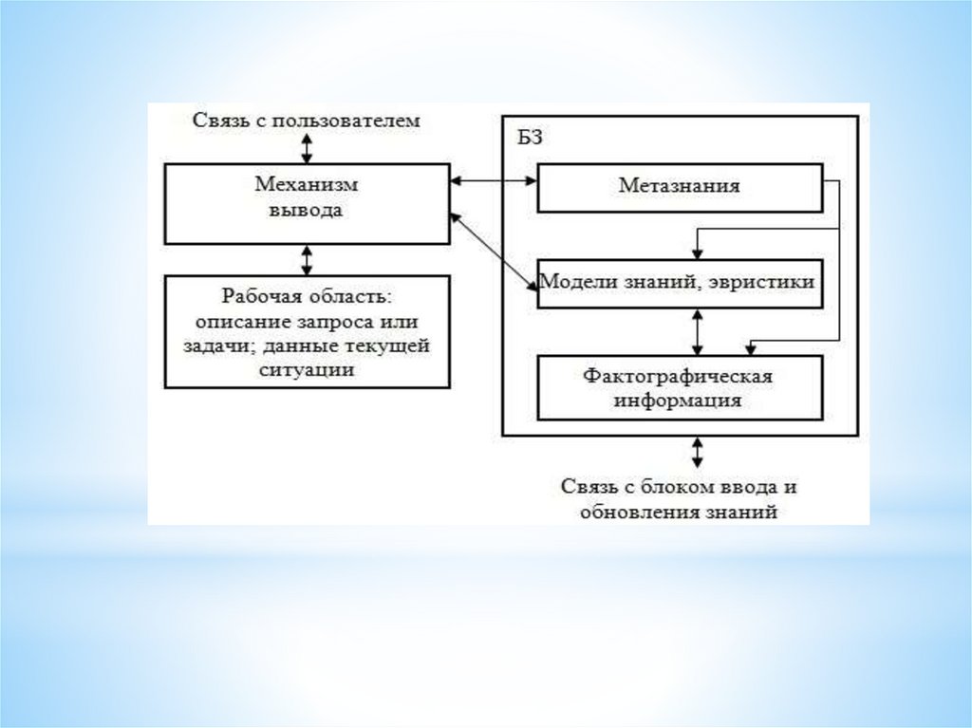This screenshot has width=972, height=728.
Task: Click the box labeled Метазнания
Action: coord(679,188)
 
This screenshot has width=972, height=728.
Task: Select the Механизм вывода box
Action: coord(307,203)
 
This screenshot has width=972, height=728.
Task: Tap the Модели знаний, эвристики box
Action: coord(679,283)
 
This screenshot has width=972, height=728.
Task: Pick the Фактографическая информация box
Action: coord(679,387)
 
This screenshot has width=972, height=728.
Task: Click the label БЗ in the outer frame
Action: coord(530,139)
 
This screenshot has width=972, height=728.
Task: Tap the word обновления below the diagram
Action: coord(630,512)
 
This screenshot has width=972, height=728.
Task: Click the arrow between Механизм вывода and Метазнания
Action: coord(494,180)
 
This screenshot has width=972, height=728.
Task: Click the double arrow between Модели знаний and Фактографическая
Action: coord(699,331)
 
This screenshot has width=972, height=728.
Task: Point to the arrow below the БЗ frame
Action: coord(699,451)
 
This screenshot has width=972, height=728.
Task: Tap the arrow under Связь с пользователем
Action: coord(307,147)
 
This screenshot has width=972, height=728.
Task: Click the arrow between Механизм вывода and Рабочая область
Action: coord(307,259)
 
